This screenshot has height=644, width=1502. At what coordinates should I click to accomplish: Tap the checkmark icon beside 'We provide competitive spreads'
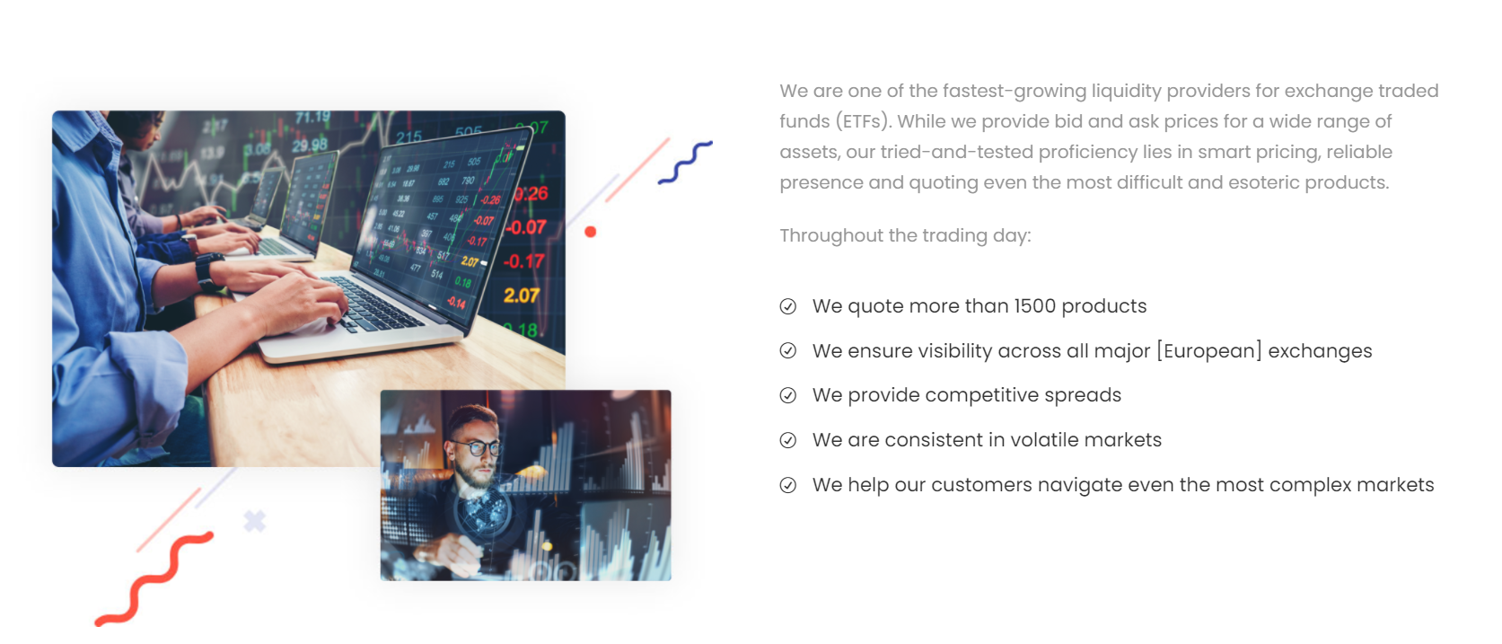[x=788, y=395]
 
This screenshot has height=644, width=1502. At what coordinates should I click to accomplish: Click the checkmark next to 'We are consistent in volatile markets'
[x=788, y=440]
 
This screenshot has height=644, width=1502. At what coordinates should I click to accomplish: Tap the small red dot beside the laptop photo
[x=590, y=232]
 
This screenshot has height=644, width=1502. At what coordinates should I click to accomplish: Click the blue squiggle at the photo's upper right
[x=685, y=163]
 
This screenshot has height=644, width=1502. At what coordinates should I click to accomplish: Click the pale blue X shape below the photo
[x=255, y=521]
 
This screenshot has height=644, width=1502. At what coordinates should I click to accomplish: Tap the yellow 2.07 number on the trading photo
[x=521, y=296]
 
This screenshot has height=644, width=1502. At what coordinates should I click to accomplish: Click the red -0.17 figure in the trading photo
[x=523, y=261]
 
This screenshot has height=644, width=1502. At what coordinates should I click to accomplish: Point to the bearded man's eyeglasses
[x=477, y=446]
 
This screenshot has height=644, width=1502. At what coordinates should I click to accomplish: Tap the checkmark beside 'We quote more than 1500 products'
[x=788, y=306]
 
